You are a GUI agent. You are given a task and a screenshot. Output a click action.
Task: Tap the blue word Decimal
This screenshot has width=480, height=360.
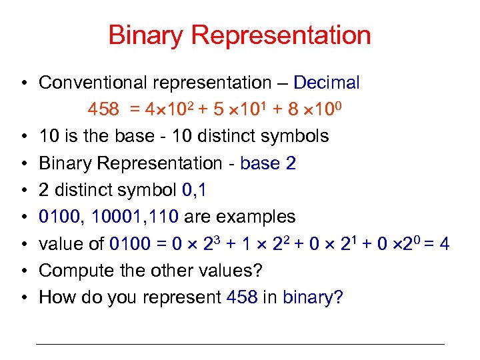coord(327,83)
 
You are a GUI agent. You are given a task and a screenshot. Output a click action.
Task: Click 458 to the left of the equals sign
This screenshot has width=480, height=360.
coord(103,109)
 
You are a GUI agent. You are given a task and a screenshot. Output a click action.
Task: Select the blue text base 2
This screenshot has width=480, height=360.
coord(268,163)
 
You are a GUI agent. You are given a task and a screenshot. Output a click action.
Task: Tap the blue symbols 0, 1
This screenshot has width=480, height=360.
coord(194,190)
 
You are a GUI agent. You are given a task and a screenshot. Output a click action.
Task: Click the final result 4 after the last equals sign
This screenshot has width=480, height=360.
coord(444,244)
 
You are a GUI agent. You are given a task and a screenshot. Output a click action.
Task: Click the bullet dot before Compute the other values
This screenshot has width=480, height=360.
coord(23,271)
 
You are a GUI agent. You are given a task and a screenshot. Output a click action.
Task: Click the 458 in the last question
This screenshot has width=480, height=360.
coord(241,297)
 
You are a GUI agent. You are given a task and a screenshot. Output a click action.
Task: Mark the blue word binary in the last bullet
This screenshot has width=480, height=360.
coord(310,297)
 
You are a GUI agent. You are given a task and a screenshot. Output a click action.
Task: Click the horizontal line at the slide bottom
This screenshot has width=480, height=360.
coord(239,344)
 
